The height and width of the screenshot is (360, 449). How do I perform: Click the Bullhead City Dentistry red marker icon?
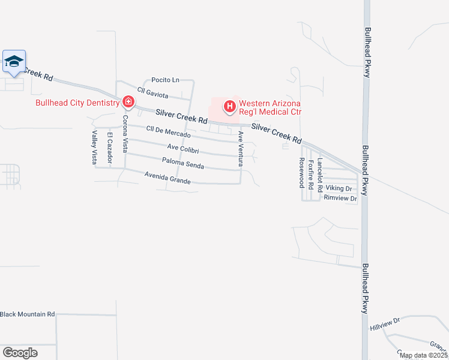[x=128, y=101]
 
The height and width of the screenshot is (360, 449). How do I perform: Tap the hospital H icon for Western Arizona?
[x=229, y=107]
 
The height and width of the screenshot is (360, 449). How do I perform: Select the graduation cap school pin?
[x=14, y=61]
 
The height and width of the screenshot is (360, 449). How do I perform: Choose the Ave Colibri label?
[x=183, y=148]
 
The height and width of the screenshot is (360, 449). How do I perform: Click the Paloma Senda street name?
[x=183, y=163]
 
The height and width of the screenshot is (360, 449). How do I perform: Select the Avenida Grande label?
[x=167, y=178]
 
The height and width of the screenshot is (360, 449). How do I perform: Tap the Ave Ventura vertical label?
[x=240, y=148]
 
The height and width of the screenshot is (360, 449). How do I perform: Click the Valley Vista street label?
[x=95, y=146]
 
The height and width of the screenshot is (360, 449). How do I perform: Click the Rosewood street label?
[x=301, y=173]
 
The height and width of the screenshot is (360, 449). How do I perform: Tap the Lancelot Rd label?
[x=321, y=175]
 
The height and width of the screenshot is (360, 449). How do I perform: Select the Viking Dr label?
[x=339, y=188]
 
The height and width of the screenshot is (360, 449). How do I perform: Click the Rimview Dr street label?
[x=340, y=198]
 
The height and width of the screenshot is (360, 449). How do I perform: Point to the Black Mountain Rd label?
[x=28, y=314]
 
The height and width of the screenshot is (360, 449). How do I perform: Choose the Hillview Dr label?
[x=385, y=325]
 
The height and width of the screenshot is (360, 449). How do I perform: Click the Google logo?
[x=20, y=352]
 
